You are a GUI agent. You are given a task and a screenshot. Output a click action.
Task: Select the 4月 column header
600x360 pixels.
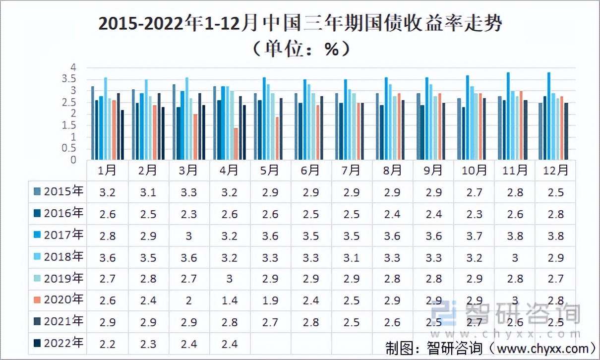pyautogui.click(x=229, y=171)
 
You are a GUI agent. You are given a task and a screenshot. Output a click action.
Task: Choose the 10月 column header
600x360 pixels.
pyautogui.click(x=474, y=171)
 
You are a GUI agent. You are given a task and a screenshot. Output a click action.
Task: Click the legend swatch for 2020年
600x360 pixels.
pyautogui.click(x=37, y=300)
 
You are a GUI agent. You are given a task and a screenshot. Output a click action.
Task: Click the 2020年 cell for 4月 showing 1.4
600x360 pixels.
pyautogui.click(x=229, y=300)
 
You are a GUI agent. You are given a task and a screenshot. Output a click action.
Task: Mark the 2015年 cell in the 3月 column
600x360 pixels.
pyautogui.click(x=188, y=192)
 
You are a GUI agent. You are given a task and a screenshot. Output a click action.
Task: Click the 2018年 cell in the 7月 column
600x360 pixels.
pyautogui.click(x=351, y=257)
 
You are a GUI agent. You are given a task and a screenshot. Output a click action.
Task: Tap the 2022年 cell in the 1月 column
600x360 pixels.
pyautogui.click(x=107, y=343)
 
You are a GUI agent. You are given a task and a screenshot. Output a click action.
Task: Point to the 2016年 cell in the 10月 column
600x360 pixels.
pyautogui.click(x=474, y=214)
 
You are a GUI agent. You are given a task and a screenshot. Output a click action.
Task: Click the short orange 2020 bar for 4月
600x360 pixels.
pyautogui.click(x=236, y=144)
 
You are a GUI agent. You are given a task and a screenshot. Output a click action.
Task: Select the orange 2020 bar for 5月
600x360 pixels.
pyautogui.click(x=276, y=138)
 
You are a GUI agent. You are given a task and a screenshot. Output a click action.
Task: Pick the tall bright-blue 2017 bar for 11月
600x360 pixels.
pyautogui.click(x=508, y=116)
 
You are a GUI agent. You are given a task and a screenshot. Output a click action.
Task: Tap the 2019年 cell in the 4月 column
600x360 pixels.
pyautogui.click(x=229, y=279)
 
